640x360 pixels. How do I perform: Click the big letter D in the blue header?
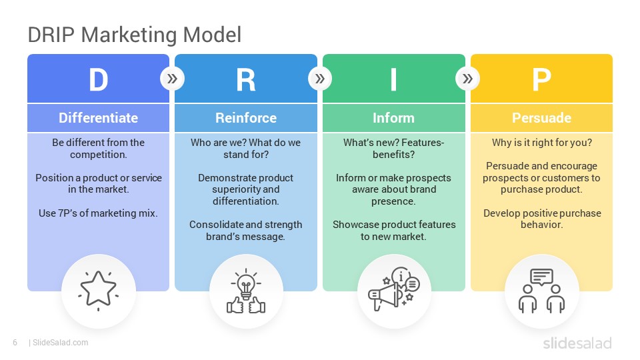point(98,80)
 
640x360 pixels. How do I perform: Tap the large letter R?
point(246,80)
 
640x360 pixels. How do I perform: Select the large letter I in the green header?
point(393,80)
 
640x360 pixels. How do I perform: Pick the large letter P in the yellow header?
point(541,80)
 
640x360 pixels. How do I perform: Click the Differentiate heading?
point(98,118)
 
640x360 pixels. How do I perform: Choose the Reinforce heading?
point(246,118)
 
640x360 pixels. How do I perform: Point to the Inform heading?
point(393,118)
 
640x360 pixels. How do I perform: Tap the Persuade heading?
point(541,118)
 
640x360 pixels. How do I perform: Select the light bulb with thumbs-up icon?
point(246,291)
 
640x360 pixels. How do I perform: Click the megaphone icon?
point(393,291)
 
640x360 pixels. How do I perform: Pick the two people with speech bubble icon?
point(541,291)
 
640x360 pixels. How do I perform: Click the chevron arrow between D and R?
point(172,79)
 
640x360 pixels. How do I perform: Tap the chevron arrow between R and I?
point(320,79)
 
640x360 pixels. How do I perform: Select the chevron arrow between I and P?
point(467,79)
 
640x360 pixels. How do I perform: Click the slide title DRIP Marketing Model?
point(134,35)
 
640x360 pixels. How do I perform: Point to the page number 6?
point(15,343)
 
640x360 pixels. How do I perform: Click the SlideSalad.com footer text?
point(60,343)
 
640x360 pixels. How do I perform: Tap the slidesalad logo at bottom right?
point(577,343)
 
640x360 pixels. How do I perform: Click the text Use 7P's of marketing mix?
point(98,213)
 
